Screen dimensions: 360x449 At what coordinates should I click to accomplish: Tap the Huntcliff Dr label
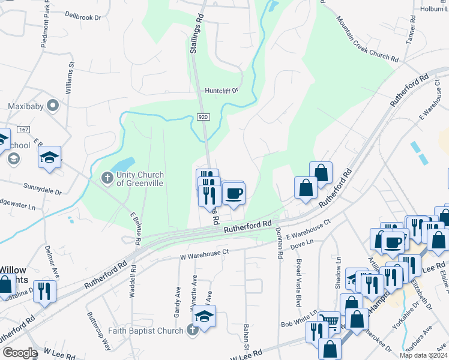(x=221, y=91)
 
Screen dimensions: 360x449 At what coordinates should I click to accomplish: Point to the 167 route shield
(x=23, y=130)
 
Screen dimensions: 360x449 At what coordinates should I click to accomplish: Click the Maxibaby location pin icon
(x=53, y=106)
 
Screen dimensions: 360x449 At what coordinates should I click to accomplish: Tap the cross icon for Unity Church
(x=107, y=178)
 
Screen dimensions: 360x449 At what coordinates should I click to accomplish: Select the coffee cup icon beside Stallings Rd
(x=234, y=194)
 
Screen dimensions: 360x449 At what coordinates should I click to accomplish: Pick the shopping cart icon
(x=328, y=322)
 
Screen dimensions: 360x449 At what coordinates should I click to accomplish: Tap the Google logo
(x=20, y=353)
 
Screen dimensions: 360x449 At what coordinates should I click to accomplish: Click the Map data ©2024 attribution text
(x=423, y=355)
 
